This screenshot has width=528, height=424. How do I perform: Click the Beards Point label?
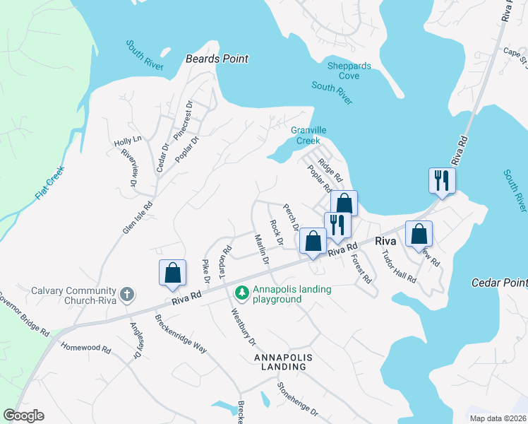[217, 59]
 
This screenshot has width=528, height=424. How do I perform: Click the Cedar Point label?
[498, 283]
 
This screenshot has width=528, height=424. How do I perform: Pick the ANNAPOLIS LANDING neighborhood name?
[280, 362]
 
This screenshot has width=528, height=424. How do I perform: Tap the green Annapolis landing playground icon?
[242, 292]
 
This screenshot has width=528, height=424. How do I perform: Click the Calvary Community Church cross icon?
[126, 294]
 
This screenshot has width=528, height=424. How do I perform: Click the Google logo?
[24, 416]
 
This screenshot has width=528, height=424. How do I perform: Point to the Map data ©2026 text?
[497, 418]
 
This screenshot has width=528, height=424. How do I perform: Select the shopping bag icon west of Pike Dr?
[172, 273]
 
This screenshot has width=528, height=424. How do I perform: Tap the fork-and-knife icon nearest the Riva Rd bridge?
[442, 180]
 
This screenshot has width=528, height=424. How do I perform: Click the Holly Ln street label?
[128, 142]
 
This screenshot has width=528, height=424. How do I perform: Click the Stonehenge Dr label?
[297, 399]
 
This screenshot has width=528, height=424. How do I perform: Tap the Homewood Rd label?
[86, 348]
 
